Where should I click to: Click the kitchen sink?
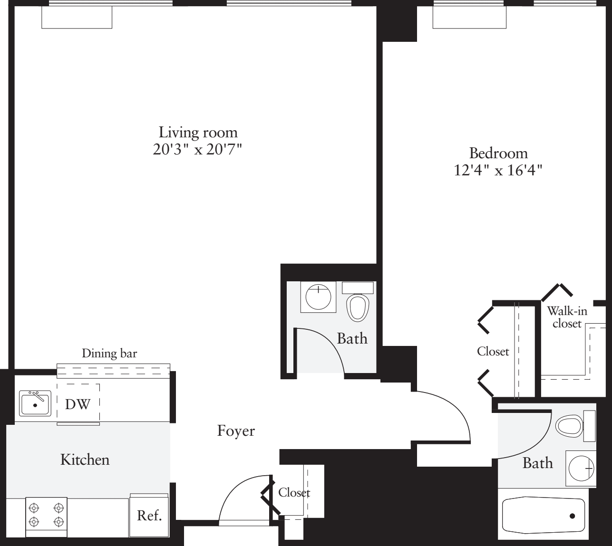(x=35, y=403)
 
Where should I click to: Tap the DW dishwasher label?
(x=78, y=404)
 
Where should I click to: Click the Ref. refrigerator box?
(x=149, y=516)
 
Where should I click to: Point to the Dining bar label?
(x=109, y=354)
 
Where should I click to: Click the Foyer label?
(x=236, y=431)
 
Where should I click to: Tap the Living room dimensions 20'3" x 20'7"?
(x=198, y=149)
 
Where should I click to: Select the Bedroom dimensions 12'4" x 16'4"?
(x=498, y=170)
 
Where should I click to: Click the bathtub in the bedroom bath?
(x=544, y=516)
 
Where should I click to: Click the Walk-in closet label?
(x=567, y=317)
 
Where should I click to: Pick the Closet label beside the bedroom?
(x=493, y=351)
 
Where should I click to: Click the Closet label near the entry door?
(x=294, y=492)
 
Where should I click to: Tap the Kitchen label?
(x=85, y=460)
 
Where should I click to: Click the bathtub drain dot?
(x=572, y=516)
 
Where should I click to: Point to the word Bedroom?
(x=498, y=153)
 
